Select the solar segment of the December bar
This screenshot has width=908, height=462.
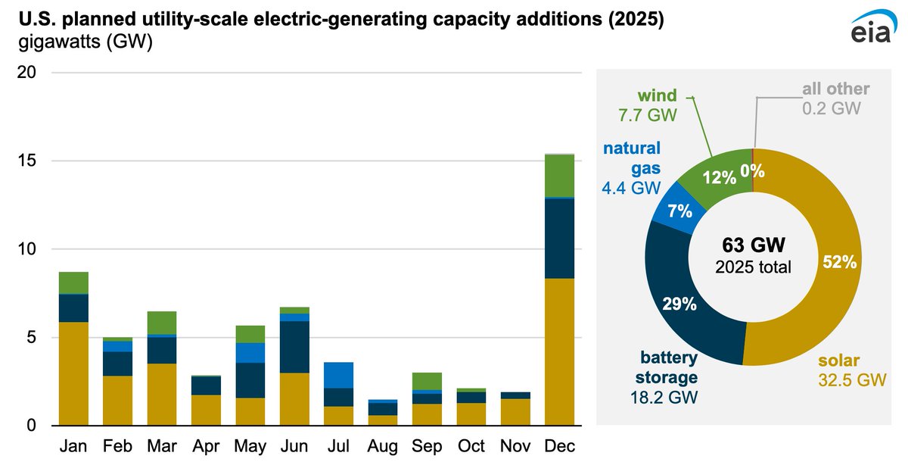pos(558,351)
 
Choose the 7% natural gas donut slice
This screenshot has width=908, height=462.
pos(679,211)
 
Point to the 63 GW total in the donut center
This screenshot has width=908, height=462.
pos(752,246)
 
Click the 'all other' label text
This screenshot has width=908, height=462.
pos(835,89)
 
